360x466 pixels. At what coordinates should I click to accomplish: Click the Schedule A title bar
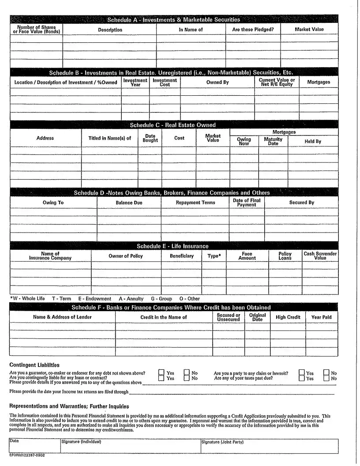[x=174, y=19]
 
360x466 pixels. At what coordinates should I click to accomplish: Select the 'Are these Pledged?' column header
[x=253, y=30]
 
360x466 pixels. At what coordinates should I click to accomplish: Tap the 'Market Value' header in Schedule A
[x=309, y=30]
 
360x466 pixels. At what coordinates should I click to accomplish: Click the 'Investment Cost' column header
[x=165, y=82]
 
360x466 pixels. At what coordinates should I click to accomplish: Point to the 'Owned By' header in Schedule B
[x=217, y=82]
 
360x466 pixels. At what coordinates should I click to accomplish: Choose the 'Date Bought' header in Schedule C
[x=150, y=138]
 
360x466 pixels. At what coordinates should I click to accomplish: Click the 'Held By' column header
[x=313, y=141]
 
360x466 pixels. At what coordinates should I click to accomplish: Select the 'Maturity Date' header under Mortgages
[x=273, y=141]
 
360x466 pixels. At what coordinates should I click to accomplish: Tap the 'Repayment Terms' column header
[x=195, y=203]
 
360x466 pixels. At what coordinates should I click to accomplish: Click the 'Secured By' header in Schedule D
[x=302, y=203]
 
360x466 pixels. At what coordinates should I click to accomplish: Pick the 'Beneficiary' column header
[x=182, y=256]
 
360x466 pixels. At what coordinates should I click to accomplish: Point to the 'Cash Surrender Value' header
[x=320, y=256]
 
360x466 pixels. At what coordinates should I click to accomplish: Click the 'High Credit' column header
[x=288, y=317]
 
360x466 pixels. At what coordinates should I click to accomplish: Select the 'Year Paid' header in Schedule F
[x=322, y=317]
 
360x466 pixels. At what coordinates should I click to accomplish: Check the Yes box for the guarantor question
[x=161, y=373]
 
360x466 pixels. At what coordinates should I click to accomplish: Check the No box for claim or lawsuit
[x=326, y=373]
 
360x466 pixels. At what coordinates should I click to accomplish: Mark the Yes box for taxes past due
[x=301, y=378]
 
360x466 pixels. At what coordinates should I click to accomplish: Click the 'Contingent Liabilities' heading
[x=34, y=365]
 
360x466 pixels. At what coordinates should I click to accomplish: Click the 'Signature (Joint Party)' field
[x=269, y=446]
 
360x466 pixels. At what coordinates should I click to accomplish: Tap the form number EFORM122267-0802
[x=27, y=455]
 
